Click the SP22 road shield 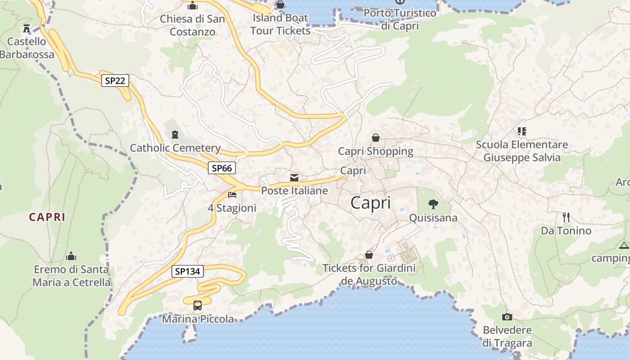115,81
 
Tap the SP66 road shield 222,168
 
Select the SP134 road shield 188,271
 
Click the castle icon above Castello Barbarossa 27,28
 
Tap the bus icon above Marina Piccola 198,305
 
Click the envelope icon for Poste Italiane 294,178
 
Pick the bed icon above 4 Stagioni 232,195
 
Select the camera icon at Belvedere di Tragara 507,317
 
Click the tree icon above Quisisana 433,204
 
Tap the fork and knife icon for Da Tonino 566,217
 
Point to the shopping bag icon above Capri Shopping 375,138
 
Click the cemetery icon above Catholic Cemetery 175,134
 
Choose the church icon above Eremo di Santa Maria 71,256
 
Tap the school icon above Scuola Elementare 522,131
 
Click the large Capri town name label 370,203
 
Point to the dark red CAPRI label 47,217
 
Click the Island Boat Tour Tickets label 280,24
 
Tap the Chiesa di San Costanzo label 193,26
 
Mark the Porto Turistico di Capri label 400,19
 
